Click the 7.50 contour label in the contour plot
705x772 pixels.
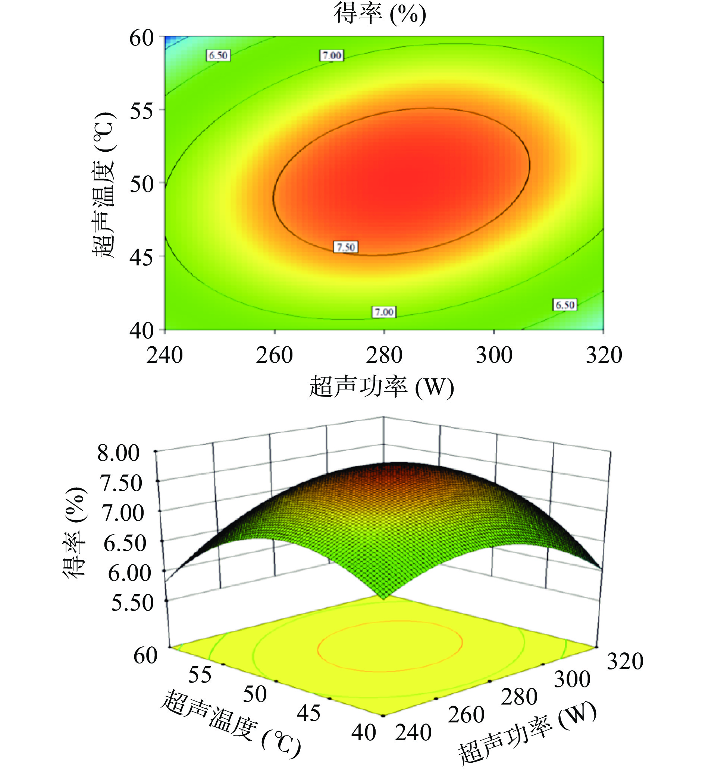[346, 247]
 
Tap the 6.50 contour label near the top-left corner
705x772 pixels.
[218, 55]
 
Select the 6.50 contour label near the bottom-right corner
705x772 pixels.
[565, 305]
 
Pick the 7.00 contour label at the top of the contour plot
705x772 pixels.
[332, 55]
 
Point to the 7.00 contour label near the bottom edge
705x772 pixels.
[384, 312]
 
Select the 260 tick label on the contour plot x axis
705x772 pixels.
[274, 355]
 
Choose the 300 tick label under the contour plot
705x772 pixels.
[494, 355]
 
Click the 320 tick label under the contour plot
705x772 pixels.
[604, 355]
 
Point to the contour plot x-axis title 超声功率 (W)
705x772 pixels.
[381, 387]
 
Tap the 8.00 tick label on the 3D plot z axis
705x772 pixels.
[118, 453]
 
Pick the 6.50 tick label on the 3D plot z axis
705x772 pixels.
[125, 543]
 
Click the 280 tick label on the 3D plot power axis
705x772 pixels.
[519, 697]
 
